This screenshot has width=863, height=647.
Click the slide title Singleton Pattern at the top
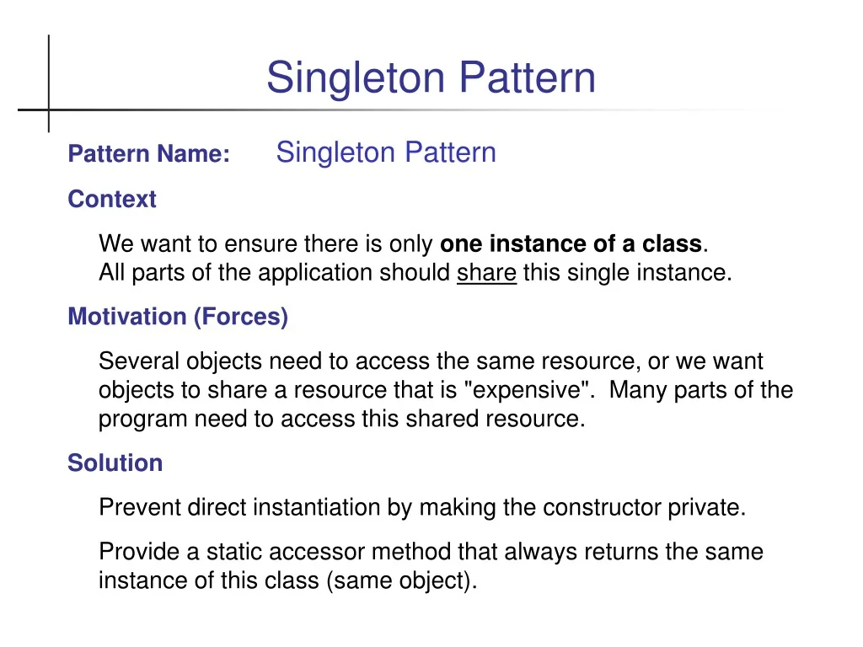(x=431, y=78)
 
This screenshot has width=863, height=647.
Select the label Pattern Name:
(x=148, y=155)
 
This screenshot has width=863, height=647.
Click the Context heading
(x=112, y=200)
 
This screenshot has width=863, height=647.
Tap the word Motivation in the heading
(x=127, y=317)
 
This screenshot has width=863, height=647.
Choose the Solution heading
(x=115, y=463)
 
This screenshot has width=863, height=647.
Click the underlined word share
(x=486, y=273)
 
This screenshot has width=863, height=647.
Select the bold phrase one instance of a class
(x=571, y=244)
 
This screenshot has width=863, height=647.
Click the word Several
(x=139, y=361)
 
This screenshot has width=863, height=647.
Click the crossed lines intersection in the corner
(x=48, y=110)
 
